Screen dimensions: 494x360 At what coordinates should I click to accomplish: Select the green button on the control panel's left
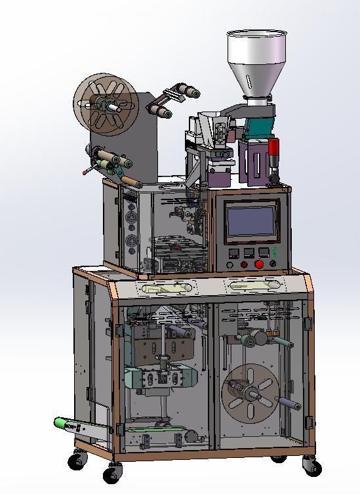point(230,265)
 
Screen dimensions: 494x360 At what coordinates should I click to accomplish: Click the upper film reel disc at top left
point(105,105)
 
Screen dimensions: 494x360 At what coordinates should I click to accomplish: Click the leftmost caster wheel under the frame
point(78,461)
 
